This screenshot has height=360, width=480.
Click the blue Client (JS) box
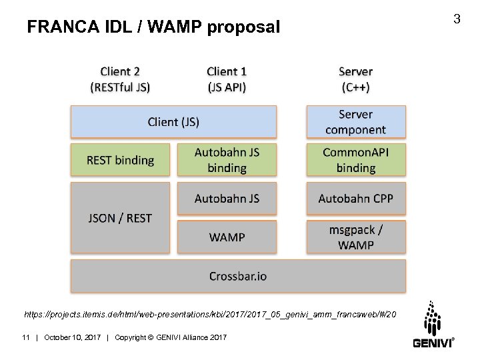(x=173, y=122)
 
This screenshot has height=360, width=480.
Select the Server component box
(x=355, y=122)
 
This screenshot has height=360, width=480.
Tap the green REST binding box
(x=120, y=160)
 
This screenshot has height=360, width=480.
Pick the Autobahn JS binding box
(x=227, y=160)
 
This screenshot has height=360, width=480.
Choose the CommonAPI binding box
(x=355, y=160)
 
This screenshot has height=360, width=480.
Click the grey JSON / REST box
(x=120, y=218)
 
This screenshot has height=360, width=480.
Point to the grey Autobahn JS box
(x=227, y=199)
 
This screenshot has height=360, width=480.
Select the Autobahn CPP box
(x=355, y=199)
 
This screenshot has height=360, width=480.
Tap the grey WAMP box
(x=227, y=237)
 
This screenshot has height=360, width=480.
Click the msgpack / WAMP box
(x=355, y=237)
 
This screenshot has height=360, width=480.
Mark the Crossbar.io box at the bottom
(x=238, y=275)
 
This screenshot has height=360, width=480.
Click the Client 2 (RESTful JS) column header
(x=120, y=79)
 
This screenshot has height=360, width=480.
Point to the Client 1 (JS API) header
(x=227, y=79)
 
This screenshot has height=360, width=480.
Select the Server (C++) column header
(x=355, y=79)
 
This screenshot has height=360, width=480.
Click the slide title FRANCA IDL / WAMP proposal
(x=153, y=27)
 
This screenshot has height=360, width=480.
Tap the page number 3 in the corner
(x=457, y=19)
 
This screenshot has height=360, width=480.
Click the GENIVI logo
(x=433, y=325)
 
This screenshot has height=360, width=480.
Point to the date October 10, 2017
(x=72, y=338)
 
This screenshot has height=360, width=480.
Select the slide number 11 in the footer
(x=27, y=338)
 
